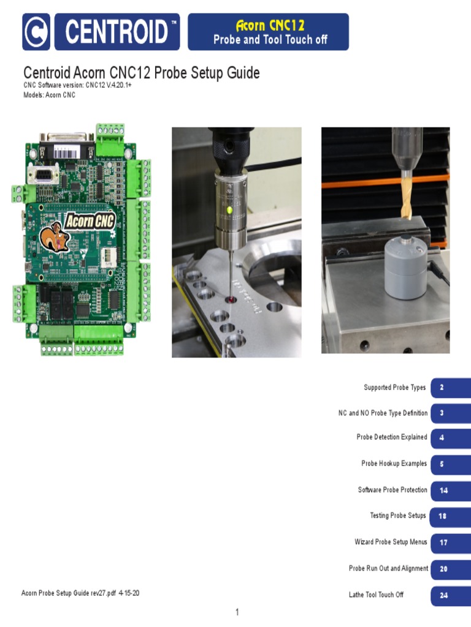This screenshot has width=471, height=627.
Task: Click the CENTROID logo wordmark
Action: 117,32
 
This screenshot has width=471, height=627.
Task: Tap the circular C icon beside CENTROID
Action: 36,32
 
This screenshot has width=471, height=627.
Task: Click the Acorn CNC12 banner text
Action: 270,25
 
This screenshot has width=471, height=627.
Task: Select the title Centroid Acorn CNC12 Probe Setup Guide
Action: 141,73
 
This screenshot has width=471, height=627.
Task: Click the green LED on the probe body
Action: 229,209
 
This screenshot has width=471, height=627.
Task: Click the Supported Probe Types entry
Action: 394,388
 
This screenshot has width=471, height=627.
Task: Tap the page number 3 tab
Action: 442,413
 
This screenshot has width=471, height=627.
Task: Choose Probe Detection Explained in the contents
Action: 392,437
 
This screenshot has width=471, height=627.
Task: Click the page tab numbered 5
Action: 442,464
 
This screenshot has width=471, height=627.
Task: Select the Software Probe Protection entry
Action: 392,490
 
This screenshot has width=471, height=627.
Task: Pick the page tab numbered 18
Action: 443,516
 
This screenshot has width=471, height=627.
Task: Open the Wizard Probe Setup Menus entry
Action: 391,542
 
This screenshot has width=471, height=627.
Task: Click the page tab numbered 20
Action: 443,569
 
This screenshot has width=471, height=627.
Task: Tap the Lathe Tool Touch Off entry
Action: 376,595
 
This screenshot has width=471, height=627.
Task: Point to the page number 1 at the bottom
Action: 237,612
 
